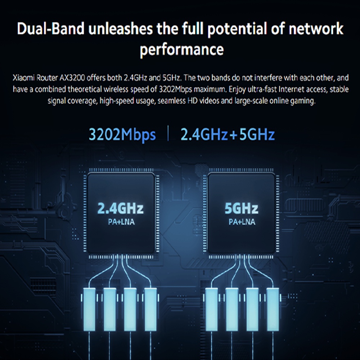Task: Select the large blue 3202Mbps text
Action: click(122, 135)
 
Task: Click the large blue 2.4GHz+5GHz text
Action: click(228, 135)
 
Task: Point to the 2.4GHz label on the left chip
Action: click(121, 208)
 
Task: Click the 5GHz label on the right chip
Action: click(241, 208)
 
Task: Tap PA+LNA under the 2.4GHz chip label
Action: click(121, 222)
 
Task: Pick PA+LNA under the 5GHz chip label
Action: click(242, 222)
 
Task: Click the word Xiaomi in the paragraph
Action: click(23, 77)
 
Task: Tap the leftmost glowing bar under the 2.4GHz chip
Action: click(89, 306)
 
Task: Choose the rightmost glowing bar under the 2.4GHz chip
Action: click(149, 306)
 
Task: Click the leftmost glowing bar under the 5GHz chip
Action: click(211, 306)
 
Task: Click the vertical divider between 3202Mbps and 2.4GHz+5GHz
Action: click(168, 134)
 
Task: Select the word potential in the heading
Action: click(235, 29)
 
